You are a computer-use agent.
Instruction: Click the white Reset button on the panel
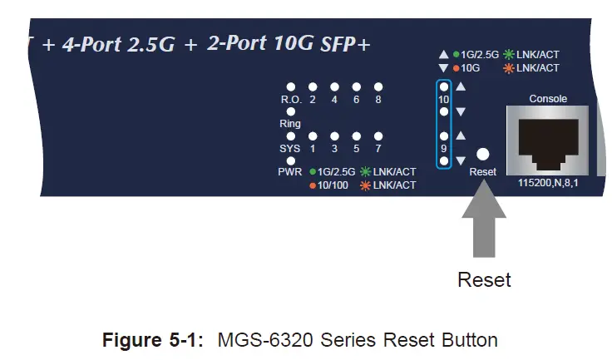(x=482, y=154)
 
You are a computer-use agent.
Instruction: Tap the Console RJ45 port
(x=547, y=141)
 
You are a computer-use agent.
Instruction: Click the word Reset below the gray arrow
(x=484, y=279)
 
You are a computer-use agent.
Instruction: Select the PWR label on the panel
(x=289, y=171)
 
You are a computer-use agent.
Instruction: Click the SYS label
(x=290, y=149)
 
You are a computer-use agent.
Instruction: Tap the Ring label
(x=290, y=124)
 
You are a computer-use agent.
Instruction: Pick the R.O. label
(x=291, y=100)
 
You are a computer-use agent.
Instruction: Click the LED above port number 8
(x=378, y=86)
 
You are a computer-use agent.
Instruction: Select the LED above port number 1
(x=313, y=136)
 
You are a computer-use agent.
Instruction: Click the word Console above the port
(x=548, y=99)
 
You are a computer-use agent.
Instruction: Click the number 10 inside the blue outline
(x=443, y=99)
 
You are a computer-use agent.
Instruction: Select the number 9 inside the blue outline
(x=443, y=148)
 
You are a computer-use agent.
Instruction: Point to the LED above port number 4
(x=334, y=86)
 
